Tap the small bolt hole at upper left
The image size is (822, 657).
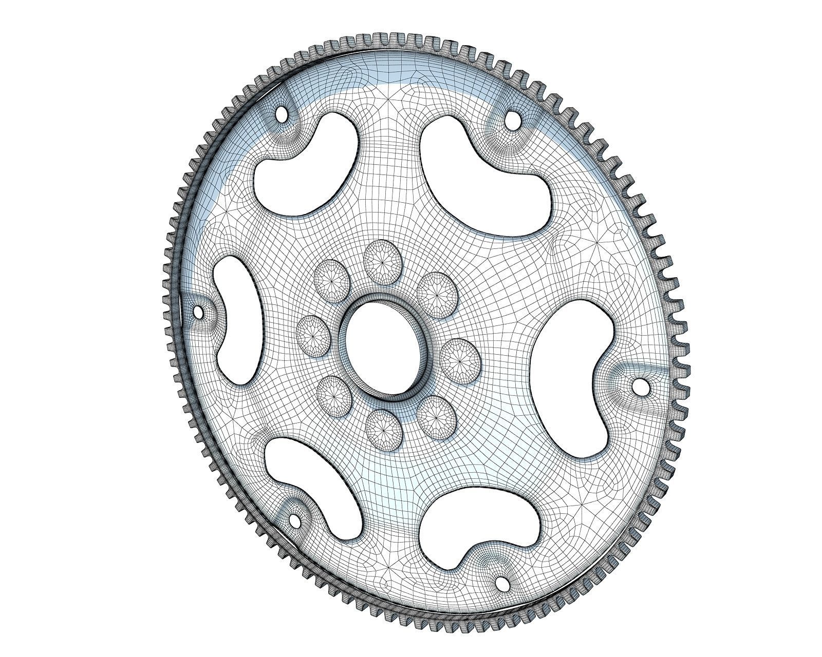click(282, 113)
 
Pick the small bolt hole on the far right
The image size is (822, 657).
click(640, 386)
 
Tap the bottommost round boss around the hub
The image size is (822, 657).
click(383, 430)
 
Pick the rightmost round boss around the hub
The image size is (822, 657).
click(461, 361)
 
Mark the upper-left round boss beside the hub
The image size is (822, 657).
click(332, 280)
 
